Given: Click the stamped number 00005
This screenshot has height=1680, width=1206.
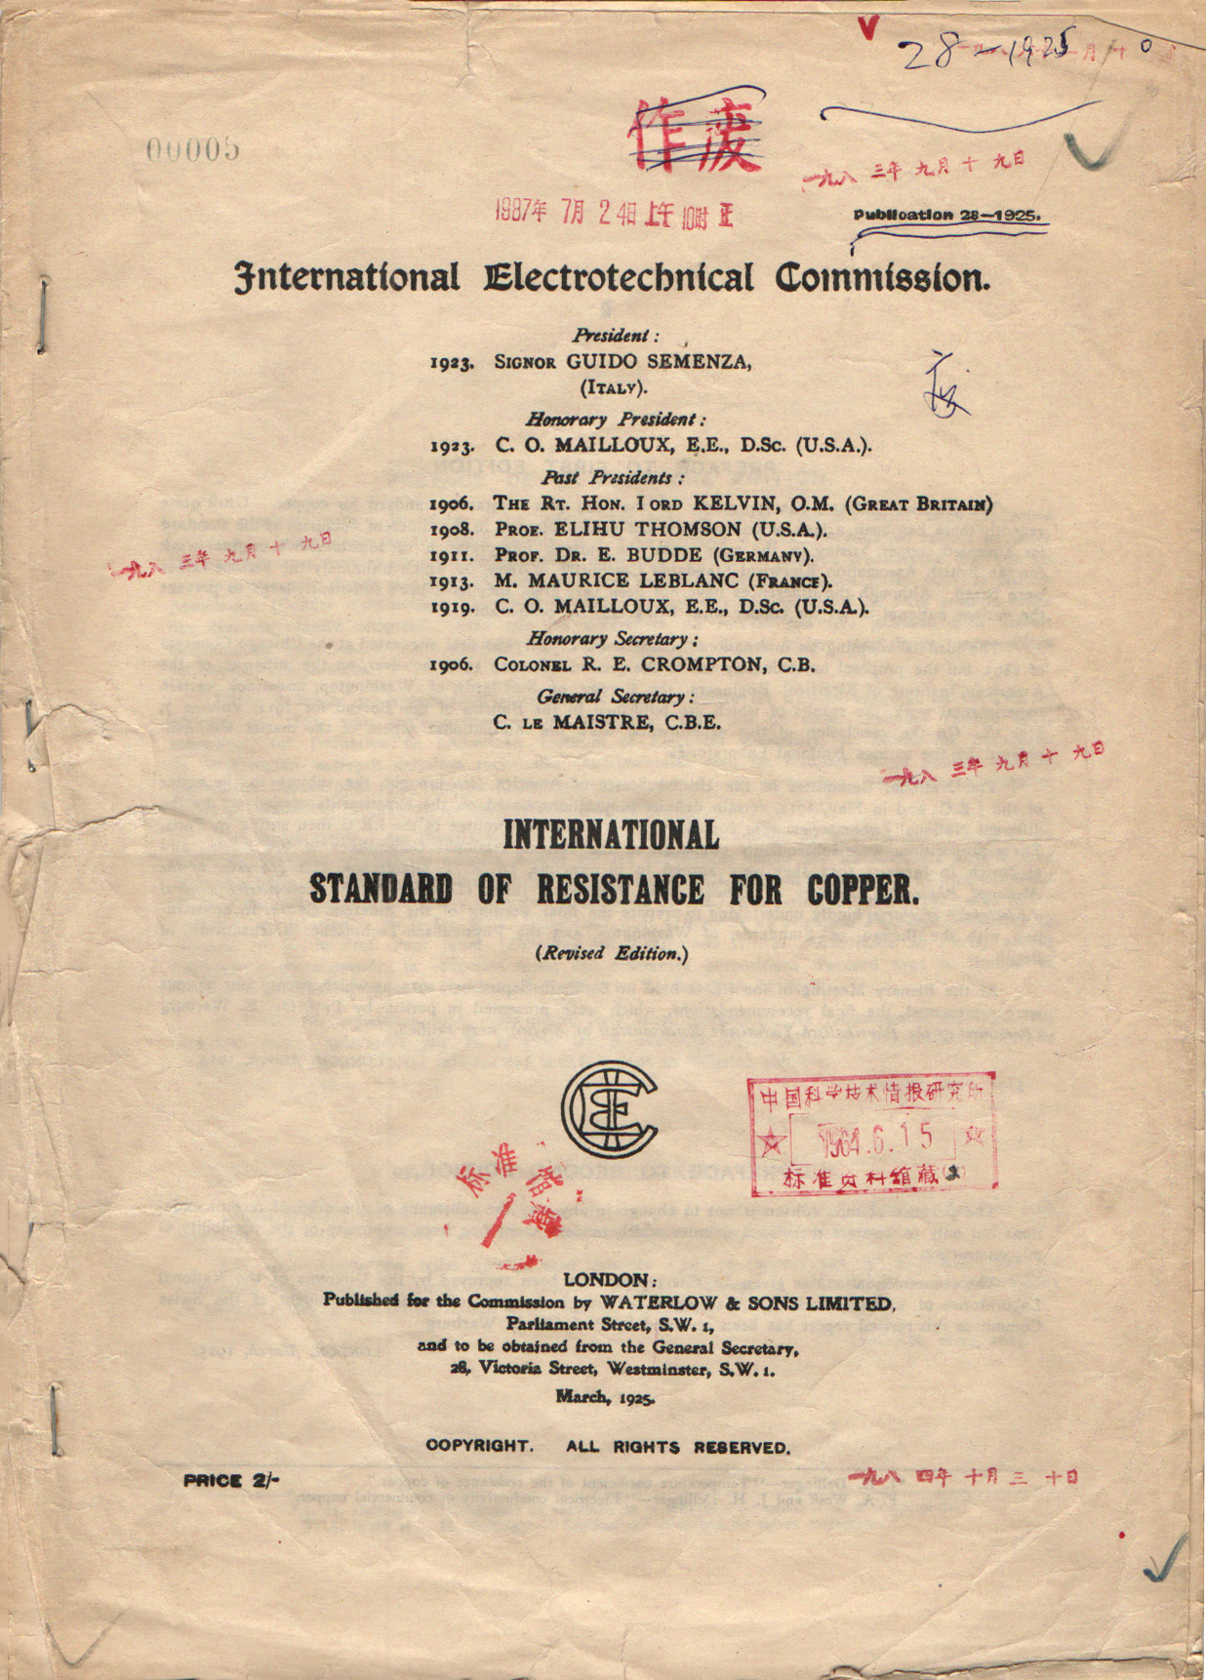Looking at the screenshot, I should click(x=193, y=149).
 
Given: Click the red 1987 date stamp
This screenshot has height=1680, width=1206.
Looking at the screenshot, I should click(x=614, y=212).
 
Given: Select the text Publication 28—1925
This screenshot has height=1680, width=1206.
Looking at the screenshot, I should click(x=946, y=215).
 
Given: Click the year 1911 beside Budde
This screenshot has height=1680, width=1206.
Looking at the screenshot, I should click(x=452, y=556).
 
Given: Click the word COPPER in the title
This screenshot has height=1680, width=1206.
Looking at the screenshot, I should click(x=863, y=890).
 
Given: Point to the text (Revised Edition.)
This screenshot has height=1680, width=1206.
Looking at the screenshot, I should click(x=612, y=954).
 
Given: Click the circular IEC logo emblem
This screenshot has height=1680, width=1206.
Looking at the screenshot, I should click(x=609, y=1109).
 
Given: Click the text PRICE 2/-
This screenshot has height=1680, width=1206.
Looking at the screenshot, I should click(x=231, y=1480).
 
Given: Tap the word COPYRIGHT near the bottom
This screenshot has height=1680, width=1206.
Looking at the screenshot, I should click(x=479, y=1447).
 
